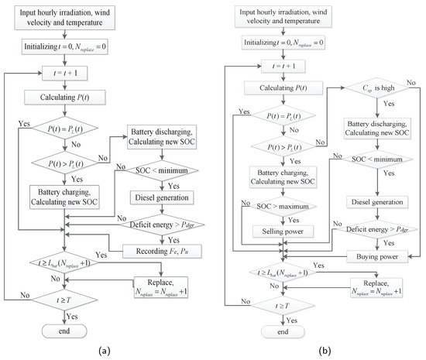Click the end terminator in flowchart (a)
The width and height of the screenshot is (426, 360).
pyautogui.click(x=63, y=331)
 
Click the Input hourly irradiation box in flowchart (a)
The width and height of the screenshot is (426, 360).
pyautogui.click(x=63, y=20)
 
